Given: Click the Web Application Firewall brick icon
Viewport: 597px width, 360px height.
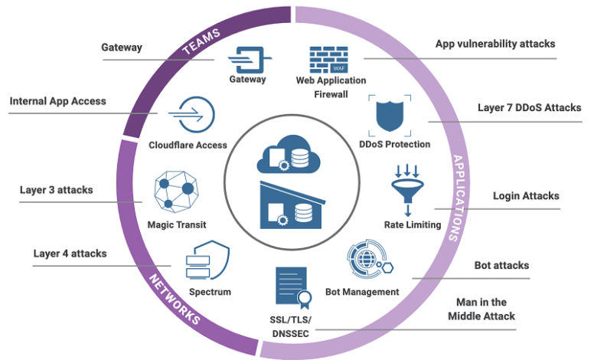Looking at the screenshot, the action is (328, 60).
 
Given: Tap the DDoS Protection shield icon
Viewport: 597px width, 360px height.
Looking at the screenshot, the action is (390, 116).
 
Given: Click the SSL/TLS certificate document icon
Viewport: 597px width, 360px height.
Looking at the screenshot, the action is (293, 288).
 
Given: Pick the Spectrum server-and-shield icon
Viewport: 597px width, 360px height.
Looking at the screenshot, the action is (207, 260).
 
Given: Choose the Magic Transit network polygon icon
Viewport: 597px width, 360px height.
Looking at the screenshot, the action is (176, 191).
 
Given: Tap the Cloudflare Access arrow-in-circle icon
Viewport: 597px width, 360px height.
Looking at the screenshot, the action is (191, 115).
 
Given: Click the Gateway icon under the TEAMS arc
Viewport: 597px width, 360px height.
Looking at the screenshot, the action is (250, 60).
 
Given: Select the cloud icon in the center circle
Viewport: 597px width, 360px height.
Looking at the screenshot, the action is (289, 154).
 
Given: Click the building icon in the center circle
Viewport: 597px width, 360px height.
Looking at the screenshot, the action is (292, 206).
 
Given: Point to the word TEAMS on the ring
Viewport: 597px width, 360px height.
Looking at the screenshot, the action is (201, 41).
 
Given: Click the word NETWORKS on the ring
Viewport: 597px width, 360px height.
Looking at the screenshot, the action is (175, 299).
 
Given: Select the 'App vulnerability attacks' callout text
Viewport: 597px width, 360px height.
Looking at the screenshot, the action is (495, 44).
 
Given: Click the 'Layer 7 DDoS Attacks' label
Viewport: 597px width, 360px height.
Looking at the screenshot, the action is (529, 108).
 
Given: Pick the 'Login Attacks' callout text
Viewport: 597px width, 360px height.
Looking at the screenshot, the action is (526, 196).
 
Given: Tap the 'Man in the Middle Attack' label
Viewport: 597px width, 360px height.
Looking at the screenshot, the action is (481, 309).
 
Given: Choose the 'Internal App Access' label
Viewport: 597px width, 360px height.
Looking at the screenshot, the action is (58, 101).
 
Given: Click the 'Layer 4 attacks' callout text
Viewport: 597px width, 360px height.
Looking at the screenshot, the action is (70, 254).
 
